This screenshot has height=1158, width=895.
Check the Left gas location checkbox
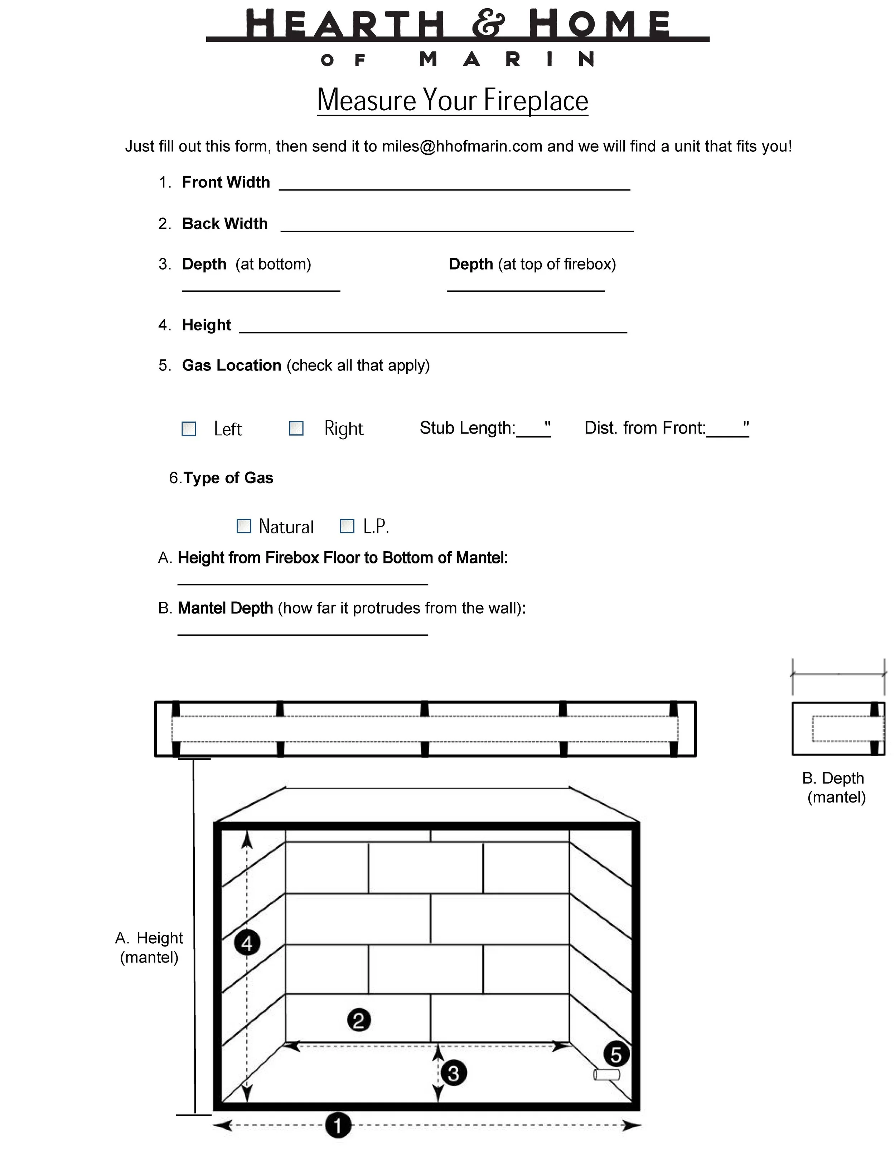click(189, 428)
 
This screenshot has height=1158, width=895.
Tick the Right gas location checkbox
click(296, 428)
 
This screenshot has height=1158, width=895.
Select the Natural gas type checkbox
click(243, 526)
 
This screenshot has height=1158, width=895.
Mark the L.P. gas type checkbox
click(347, 526)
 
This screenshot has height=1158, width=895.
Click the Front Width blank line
click(454, 185)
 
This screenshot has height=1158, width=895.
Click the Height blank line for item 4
click(433, 328)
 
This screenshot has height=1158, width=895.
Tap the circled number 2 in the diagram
click(359, 1020)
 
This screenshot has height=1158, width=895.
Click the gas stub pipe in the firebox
click(606, 1075)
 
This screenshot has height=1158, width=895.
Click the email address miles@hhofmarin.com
click(462, 146)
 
